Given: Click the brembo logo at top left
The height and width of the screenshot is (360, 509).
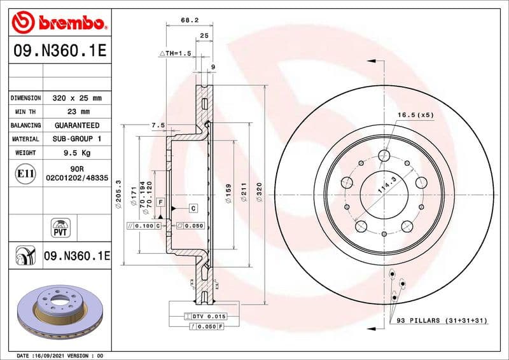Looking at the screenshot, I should coord(58,23).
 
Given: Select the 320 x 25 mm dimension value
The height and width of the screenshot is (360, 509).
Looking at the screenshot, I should coord(76,99).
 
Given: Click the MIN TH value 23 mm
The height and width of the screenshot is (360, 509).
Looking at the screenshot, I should coord(76,112).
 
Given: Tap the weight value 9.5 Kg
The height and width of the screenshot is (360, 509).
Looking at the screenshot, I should coord(76,153).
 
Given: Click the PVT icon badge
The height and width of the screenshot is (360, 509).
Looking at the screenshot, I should coord(62,228).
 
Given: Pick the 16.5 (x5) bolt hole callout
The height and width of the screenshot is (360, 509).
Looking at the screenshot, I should coord(415,115).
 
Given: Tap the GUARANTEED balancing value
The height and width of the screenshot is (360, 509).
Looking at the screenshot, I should coord(76,126).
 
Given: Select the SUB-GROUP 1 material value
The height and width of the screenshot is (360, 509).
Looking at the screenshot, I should coord(76,139).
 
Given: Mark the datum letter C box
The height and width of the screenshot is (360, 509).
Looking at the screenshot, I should coord(193,208).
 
